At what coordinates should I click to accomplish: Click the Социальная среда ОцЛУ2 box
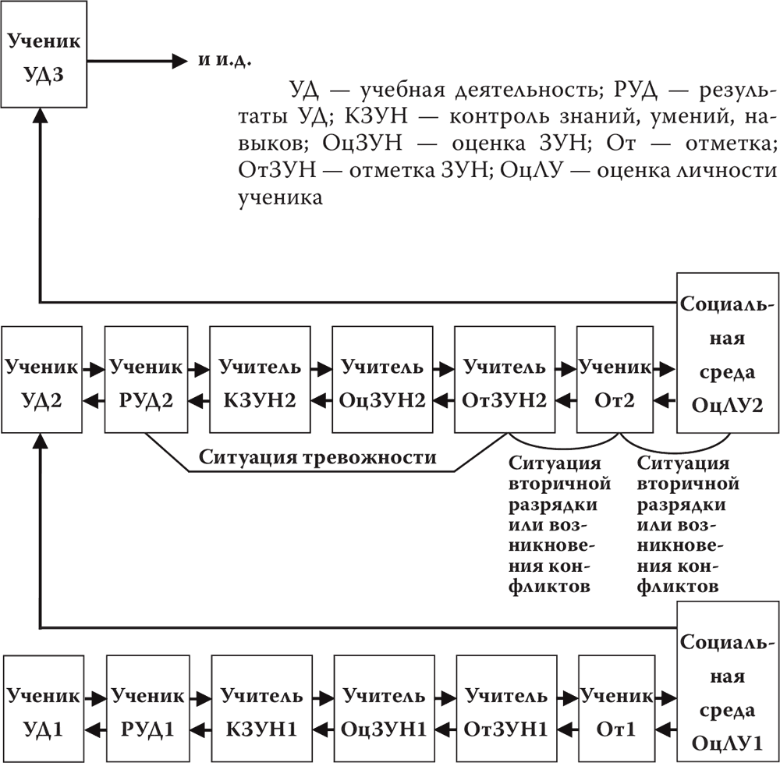tap(727, 352)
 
